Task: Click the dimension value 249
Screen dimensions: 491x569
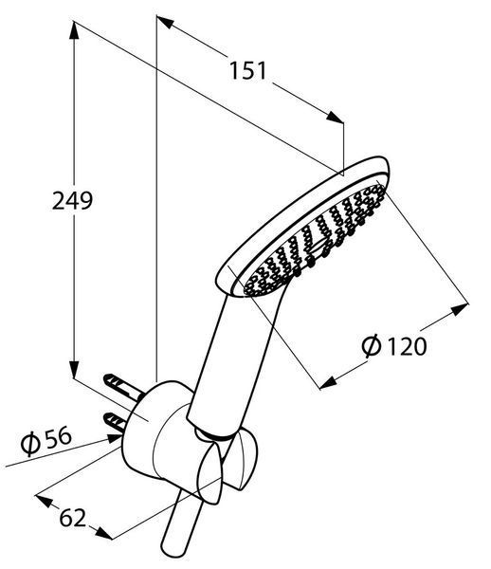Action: pyautogui.click(x=73, y=200)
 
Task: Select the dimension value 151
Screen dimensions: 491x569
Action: pyautogui.click(x=248, y=70)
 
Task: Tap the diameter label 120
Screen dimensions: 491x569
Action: pyautogui.click(x=407, y=346)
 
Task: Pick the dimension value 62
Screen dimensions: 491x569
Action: pyautogui.click(x=73, y=518)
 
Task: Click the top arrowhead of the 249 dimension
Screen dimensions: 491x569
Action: pyautogui.click(x=74, y=30)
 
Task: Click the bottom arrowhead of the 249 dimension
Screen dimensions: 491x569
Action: pyautogui.click(x=74, y=370)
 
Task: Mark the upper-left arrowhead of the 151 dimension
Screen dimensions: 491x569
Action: pyautogui.click(x=165, y=22)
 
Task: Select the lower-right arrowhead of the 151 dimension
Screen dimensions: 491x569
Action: pyautogui.click(x=335, y=117)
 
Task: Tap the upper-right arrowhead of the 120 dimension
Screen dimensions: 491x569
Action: pyautogui.click(x=460, y=310)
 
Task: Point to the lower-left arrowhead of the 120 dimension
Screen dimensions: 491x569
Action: pyautogui.click(x=328, y=383)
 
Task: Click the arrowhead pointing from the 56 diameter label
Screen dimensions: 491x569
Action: pyautogui.click(x=114, y=439)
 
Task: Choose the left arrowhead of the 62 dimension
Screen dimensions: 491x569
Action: pyautogui.click(x=45, y=501)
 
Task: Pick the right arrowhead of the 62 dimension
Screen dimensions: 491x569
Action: pyautogui.click(x=103, y=532)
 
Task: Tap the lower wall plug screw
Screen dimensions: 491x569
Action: pyautogui.click(x=116, y=422)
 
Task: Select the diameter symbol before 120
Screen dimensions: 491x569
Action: pyautogui.click(x=372, y=346)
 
